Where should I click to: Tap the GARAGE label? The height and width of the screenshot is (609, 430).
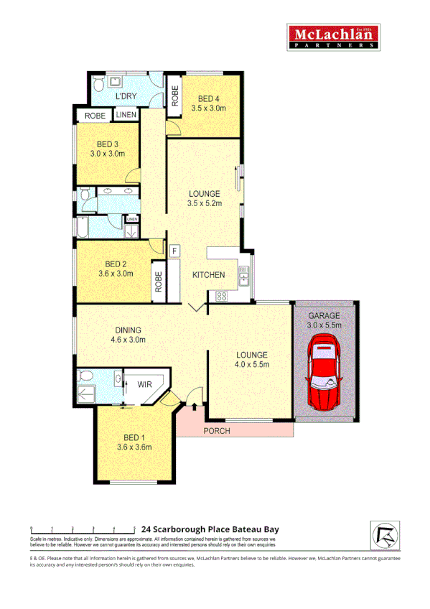tap(324, 315)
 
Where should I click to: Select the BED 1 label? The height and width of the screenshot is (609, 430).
tap(134, 437)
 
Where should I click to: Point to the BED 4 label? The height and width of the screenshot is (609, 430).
tap(208, 99)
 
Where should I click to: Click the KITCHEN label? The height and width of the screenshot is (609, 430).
tap(208, 275)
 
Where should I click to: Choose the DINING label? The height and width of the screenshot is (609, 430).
tap(128, 330)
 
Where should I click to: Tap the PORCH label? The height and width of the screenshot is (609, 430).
tap(215, 431)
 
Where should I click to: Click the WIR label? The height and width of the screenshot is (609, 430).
tap(144, 384)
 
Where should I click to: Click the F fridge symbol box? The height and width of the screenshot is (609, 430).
tap(174, 251)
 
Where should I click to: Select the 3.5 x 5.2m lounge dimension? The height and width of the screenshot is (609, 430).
tap(205, 203)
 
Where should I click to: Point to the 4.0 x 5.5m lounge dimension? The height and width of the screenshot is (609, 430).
tap(251, 365)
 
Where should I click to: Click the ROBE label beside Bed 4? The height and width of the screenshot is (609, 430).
tap(174, 96)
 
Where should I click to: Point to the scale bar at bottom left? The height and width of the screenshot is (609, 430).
tap(83, 530)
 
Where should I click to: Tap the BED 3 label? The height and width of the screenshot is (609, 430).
tap(108, 144)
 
